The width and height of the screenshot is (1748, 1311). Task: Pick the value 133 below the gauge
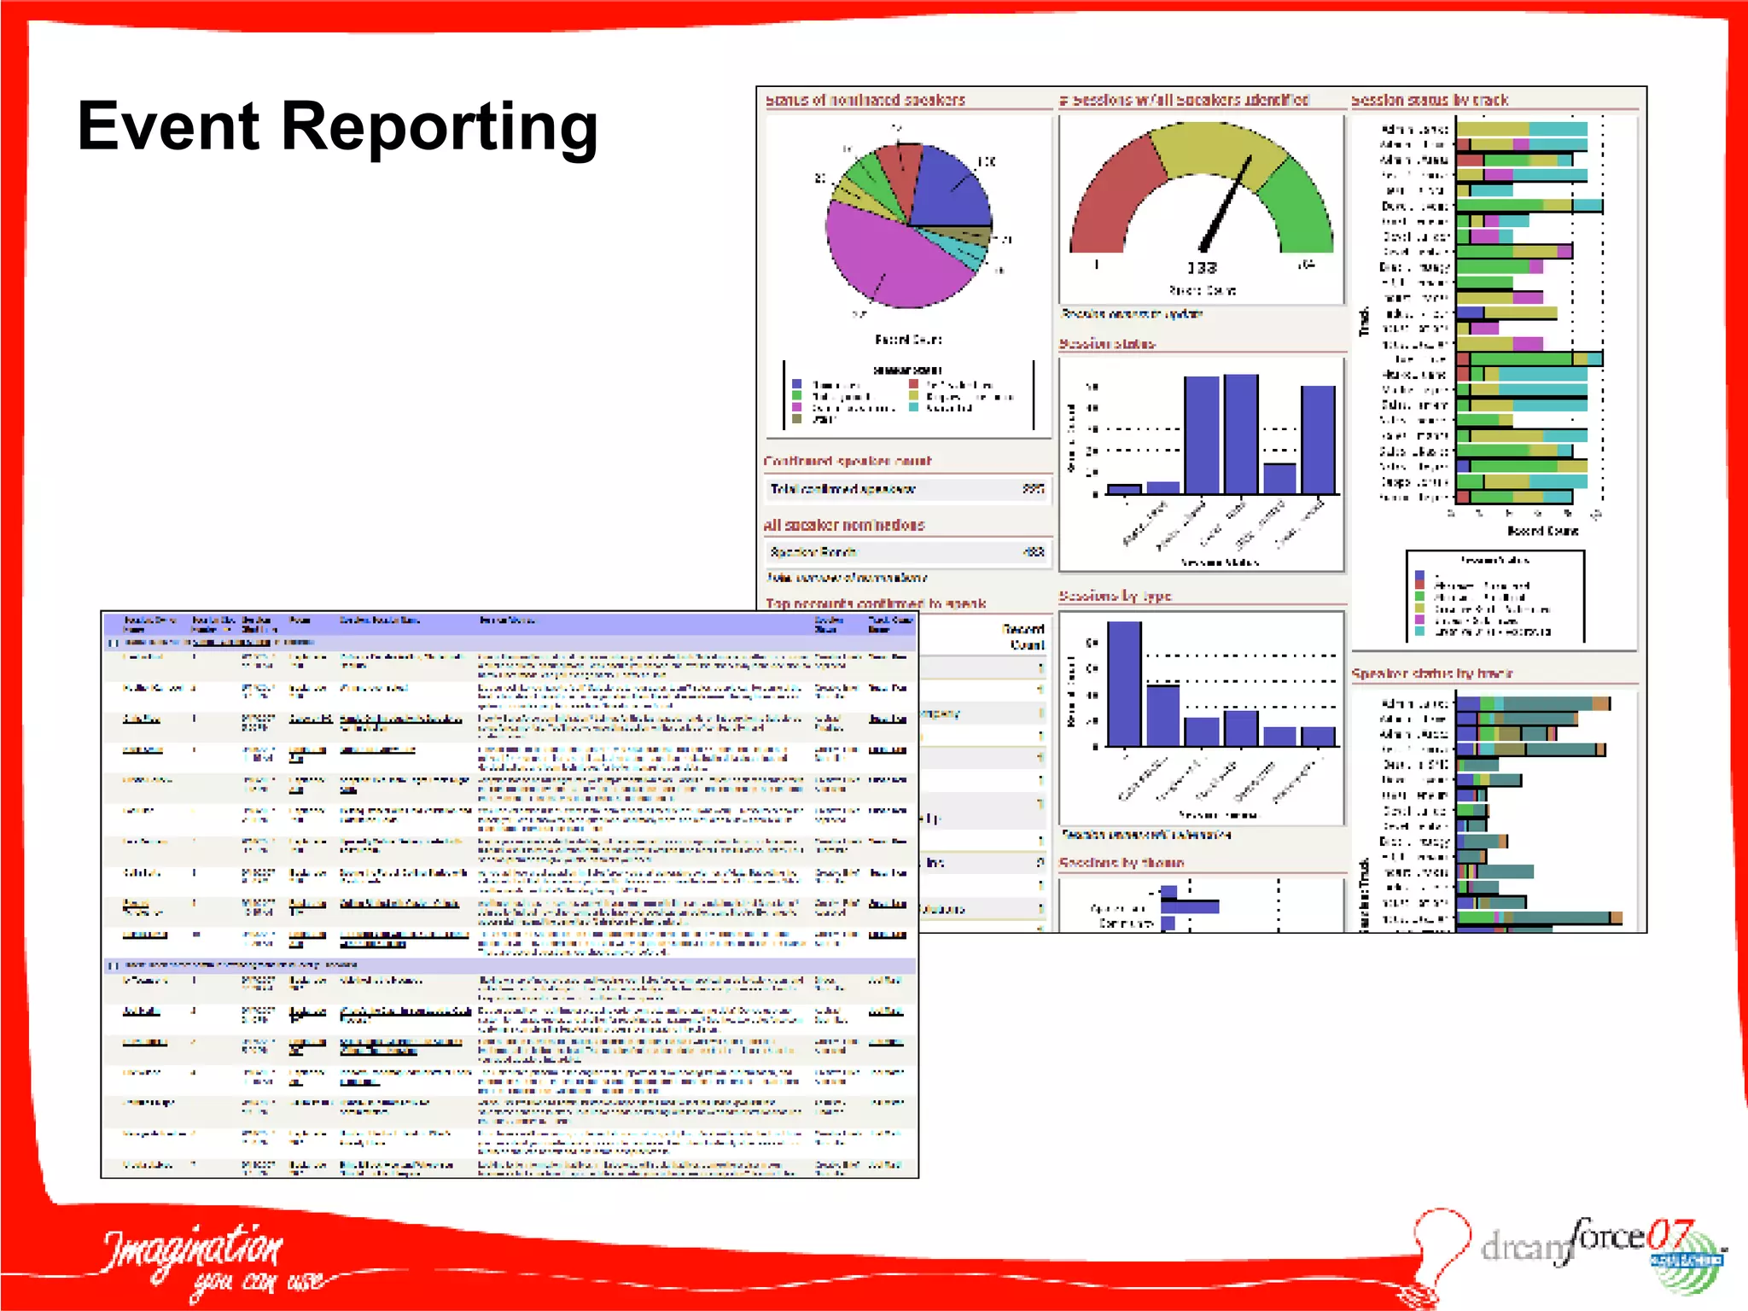tap(1202, 268)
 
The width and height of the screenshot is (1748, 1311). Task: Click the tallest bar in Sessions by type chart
tap(1124, 683)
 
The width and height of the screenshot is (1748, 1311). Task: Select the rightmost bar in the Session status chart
tap(1318, 440)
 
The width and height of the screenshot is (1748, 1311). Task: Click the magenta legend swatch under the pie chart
tap(797, 408)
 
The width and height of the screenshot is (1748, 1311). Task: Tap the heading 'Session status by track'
tap(1430, 100)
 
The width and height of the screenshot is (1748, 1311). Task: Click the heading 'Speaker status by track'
tap(1431, 673)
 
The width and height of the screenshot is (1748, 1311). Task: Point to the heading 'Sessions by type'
tap(1115, 596)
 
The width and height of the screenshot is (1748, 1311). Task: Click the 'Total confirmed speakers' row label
tap(842, 489)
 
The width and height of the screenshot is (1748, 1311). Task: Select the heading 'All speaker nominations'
tap(843, 525)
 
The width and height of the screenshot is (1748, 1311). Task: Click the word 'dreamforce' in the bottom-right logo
tap(1562, 1242)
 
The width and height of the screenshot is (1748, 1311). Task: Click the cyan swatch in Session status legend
tap(1419, 632)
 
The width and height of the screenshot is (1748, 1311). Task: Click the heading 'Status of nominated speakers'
tap(865, 100)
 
